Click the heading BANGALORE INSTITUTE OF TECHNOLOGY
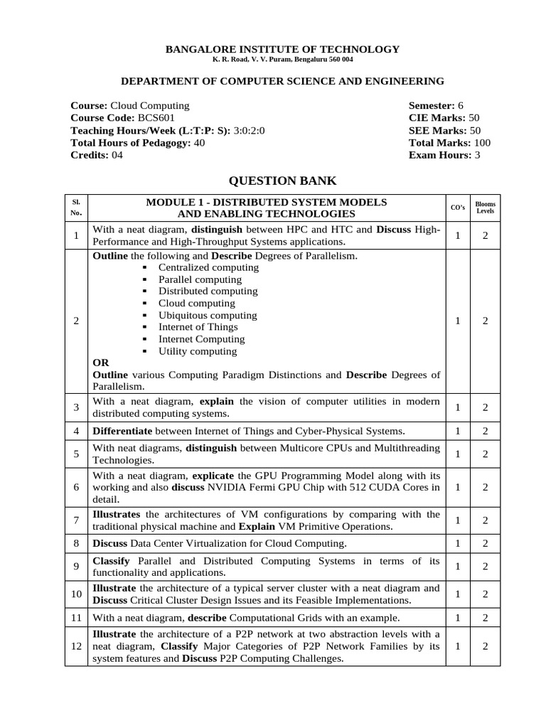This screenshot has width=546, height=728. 282,49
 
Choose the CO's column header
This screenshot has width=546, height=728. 459,208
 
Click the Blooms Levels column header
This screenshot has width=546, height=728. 486,208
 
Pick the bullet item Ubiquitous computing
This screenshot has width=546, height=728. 208,315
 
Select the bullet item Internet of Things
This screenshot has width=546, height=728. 198,327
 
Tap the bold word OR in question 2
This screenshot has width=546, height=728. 101,363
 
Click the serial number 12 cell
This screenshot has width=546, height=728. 77,646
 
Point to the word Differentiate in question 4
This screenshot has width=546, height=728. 122,431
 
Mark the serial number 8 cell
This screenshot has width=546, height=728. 77,544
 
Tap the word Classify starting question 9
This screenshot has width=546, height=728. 111,561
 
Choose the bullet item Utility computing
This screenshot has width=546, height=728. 198,351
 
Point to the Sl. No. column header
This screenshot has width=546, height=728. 77,208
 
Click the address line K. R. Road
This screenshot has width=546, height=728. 282,60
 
